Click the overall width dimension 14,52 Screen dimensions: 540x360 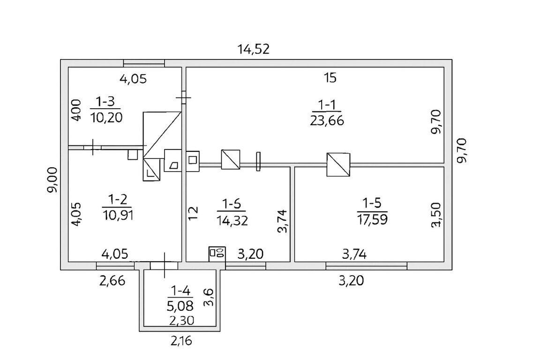pyautogui.click(x=254, y=49)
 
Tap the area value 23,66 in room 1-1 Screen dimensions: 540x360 pyautogui.click(x=327, y=121)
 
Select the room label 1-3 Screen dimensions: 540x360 pyautogui.click(x=105, y=102)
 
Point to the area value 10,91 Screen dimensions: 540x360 pyautogui.click(x=118, y=215)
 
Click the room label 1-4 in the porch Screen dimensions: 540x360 pyautogui.click(x=180, y=292)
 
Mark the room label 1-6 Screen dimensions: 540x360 pyautogui.click(x=232, y=204)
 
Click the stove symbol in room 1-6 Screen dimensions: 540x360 pyautogui.click(x=217, y=254)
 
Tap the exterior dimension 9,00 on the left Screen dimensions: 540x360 pyautogui.click(x=53, y=180)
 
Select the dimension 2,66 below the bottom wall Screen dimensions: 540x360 pyautogui.click(x=112, y=281)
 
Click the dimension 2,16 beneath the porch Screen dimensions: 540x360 pyautogui.click(x=181, y=341)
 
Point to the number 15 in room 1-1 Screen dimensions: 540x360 pyautogui.click(x=330, y=78)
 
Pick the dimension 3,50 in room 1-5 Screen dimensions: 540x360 pyautogui.click(x=435, y=215)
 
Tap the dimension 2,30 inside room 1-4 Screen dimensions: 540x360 pyautogui.click(x=181, y=321)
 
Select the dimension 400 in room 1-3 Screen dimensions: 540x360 pyautogui.click(x=76, y=110)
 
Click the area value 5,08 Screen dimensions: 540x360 pyautogui.click(x=180, y=305)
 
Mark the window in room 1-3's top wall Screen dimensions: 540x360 pyautogui.click(x=144, y=63)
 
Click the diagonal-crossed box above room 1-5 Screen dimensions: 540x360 pyautogui.click(x=338, y=165)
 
